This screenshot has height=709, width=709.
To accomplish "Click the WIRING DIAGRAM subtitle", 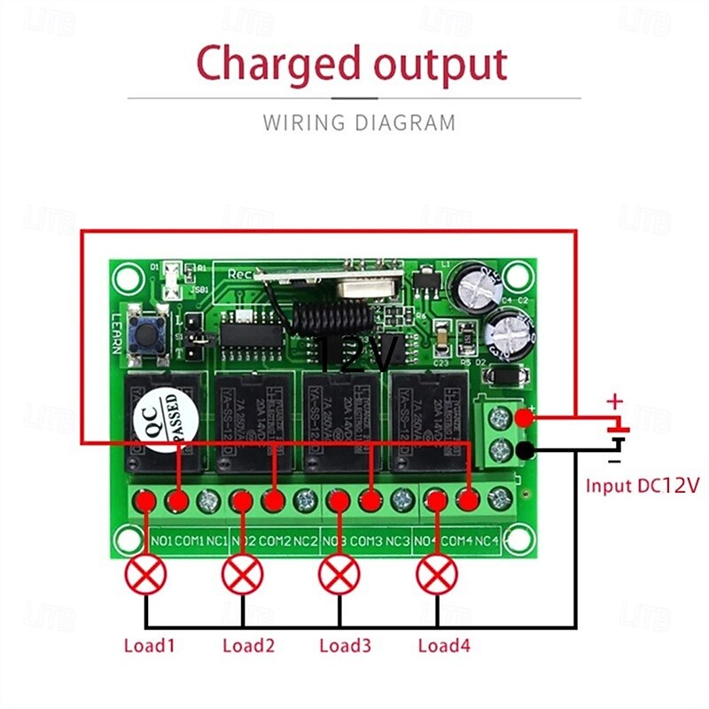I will coord(359,122).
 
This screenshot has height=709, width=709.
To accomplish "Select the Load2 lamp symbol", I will coord(242,577).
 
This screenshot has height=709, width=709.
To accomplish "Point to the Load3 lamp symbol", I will coord(339,577).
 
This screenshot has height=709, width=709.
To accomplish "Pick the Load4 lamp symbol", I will coord(436,577).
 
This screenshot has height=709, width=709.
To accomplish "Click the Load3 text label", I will coord(345,646).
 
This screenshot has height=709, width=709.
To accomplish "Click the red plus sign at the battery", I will coord(614,403).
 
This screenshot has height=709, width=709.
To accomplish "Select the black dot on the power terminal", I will coord(525,450).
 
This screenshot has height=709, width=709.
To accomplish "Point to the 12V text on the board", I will coord(359,356).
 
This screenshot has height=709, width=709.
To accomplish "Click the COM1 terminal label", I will coord(189,540).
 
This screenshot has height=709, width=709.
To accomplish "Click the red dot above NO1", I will coord(147,502).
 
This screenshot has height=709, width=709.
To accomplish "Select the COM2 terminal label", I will coord(274,540).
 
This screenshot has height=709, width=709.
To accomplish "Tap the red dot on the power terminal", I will coord(525,417).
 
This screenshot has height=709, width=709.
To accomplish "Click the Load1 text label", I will coord(150,646).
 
